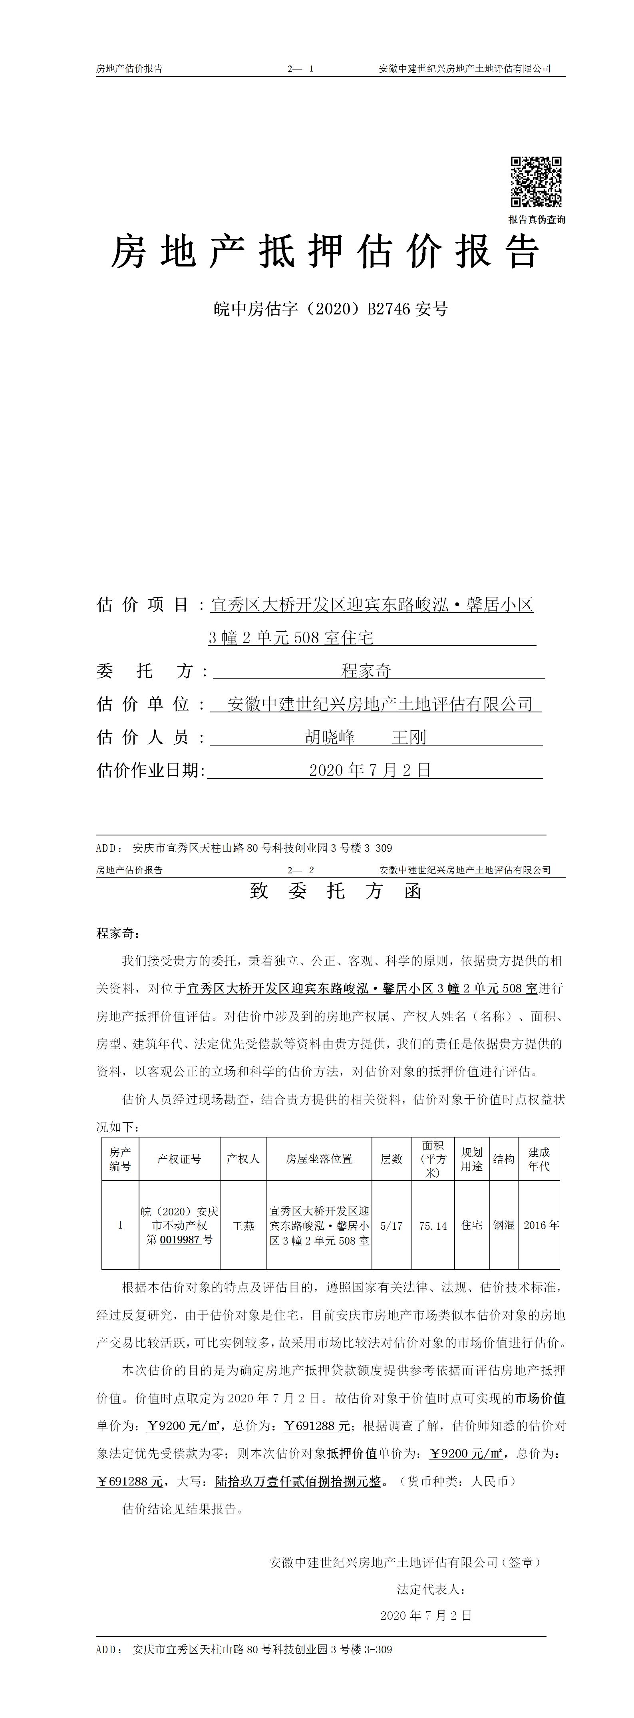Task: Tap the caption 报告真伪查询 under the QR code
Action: coord(537,219)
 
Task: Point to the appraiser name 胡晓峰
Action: coord(330,737)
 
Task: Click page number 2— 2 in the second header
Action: coord(301,870)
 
